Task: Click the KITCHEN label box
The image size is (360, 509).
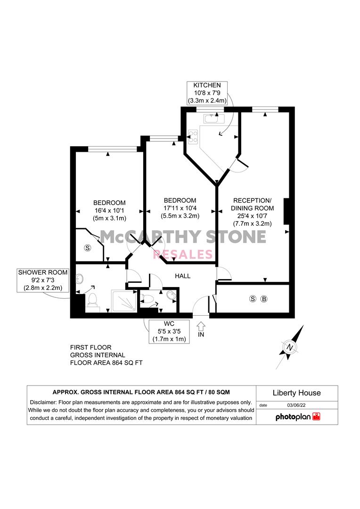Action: (x=207, y=93)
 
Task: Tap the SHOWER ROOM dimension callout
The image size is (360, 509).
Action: (x=43, y=280)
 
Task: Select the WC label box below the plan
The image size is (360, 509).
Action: (x=169, y=331)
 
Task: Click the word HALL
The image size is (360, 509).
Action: (x=183, y=276)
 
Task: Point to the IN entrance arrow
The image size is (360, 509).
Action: (x=201, y=326)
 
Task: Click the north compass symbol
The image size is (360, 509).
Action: (x=290, y=347)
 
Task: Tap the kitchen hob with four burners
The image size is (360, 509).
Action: (x=193, y=137)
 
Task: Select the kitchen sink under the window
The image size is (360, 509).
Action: (x=214, y=118)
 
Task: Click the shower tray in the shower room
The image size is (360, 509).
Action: (x=124, y=301)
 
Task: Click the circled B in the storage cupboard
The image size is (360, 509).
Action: (x=264, y=299)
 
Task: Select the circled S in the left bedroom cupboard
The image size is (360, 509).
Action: (x=87, y=248)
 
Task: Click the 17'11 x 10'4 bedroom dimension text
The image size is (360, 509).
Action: (x=180, y=208)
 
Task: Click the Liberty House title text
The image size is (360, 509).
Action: (x=297, y=393)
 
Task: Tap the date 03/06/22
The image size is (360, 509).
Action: (x=296, y=405)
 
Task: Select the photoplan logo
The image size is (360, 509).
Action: (x=298, y=417)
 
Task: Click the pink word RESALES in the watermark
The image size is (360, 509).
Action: (x=183, y=254)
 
